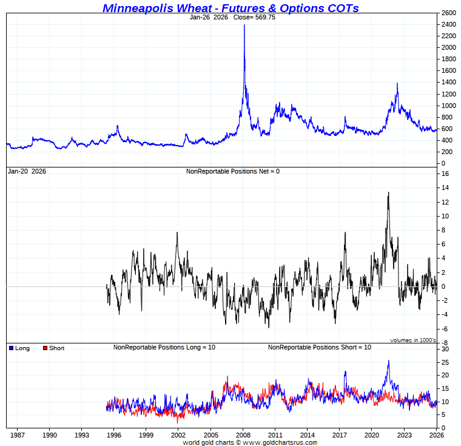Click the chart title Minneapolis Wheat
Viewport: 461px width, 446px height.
point(231,8)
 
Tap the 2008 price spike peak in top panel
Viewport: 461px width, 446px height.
point(244,25)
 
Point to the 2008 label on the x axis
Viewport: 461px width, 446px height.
point(243,434)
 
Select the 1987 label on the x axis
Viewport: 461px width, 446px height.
point(17,434)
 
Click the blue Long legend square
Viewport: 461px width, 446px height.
point(11,348)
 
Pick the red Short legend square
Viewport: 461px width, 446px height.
point(45,348)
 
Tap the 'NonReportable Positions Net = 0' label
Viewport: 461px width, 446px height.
point(233,171)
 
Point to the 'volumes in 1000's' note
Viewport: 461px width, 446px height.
point(412,340)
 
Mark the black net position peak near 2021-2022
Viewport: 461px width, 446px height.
point(388,193)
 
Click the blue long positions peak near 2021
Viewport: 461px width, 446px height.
point(388,361)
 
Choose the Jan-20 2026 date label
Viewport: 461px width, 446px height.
point(27,171)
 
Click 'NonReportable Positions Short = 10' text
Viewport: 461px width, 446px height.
point(319,347)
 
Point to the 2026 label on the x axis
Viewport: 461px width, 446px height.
point(436,434)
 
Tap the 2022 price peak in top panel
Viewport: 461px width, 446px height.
point(397,83)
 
